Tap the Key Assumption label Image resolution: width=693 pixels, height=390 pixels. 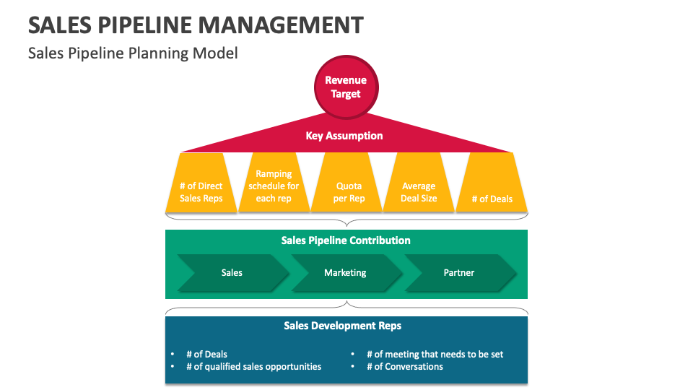pos(344,136)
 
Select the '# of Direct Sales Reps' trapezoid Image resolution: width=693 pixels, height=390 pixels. pos(201,191)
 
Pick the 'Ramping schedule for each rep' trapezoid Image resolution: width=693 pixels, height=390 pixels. pos(274,186)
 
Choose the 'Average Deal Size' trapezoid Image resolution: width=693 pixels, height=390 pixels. pos(419,191)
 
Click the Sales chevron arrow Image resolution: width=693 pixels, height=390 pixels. pos(232,273)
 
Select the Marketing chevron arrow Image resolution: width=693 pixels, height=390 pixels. pos(345,273)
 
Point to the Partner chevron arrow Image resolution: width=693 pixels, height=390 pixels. pos(459,273)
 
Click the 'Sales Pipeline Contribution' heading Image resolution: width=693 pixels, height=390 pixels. pos(346,240)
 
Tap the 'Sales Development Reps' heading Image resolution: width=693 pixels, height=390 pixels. pos(342,326)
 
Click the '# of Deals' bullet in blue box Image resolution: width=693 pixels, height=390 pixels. pos(206,354)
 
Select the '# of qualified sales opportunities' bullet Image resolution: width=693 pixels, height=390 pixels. pos(253,366)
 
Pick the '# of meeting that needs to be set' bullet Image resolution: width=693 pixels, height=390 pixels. pos(435,354)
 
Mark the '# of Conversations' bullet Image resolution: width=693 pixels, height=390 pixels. pos(404,366)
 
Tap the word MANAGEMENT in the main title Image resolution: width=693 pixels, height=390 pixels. pos(281,25)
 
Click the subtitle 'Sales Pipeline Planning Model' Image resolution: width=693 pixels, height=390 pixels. pos(133,53)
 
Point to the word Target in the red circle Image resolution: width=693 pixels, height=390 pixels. pos(346,94)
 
